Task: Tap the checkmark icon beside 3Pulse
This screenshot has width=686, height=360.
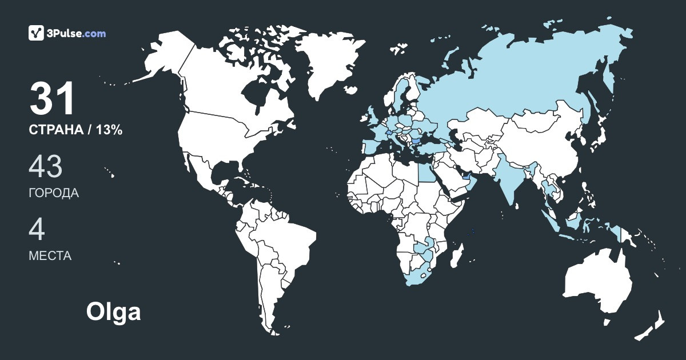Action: [37, 33]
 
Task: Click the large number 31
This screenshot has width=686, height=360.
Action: [53, 98]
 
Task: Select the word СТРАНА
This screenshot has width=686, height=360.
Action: [55, 130]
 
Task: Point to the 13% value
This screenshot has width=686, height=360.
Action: [109, 130]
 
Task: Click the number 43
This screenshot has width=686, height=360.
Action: [45, 166]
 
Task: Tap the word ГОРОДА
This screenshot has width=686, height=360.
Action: [54, 193]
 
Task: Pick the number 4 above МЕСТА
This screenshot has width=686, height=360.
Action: [37, 229]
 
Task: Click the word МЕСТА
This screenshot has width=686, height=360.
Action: [50, 256]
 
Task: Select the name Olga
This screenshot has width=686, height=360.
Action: [113, 312]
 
